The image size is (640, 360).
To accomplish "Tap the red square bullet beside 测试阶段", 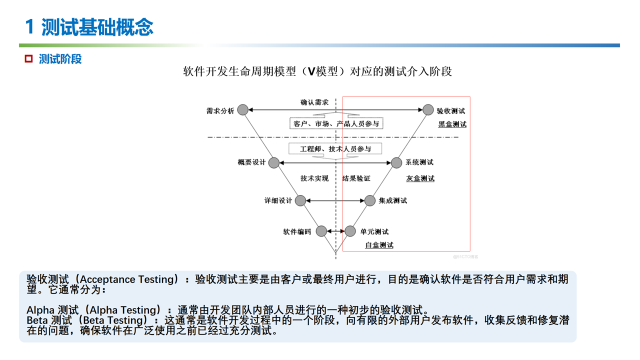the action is pyautogui.click(x=29, y=59).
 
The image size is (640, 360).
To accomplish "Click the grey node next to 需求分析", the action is pyautogui.click(x=243, y=109).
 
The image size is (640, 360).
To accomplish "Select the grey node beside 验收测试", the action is pyautogui.click(x=428, y=109).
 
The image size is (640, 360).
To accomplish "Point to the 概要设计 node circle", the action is pyautogui.click(x=274, y=162).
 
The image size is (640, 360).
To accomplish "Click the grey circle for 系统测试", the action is pyautogui.click(x=396, y=162).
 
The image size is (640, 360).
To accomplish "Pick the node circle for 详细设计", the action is pyautogui.click(x=300, y=200).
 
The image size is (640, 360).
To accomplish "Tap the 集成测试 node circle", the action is pyautogui.click(x=369, y=200).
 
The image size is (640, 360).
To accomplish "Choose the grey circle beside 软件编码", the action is pyautogui.click(x=321, y=231).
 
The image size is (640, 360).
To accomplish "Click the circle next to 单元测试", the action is pyautogui.click(x=350, y=231).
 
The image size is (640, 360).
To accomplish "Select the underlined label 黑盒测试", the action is pyautogui.click(x=452, y=124).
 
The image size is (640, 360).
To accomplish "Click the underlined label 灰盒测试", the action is pyautogui.click(x=420, y=178).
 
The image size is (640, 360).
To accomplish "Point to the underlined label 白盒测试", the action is pyautogui.click(x=379, y=245).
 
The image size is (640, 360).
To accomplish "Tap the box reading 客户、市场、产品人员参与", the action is pyautogui.click(x=336, y=123).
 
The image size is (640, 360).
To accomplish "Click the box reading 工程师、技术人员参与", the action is pyautogui.click(x=335, y=149).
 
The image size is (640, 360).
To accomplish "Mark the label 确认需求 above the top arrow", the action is pyautogui.click(x=314, y=102).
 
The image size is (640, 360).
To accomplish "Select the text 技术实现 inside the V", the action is pyautogui.click(x=314, y=178).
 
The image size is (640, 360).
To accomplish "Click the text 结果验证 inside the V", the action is pyautogui.click(x=356, y=178).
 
